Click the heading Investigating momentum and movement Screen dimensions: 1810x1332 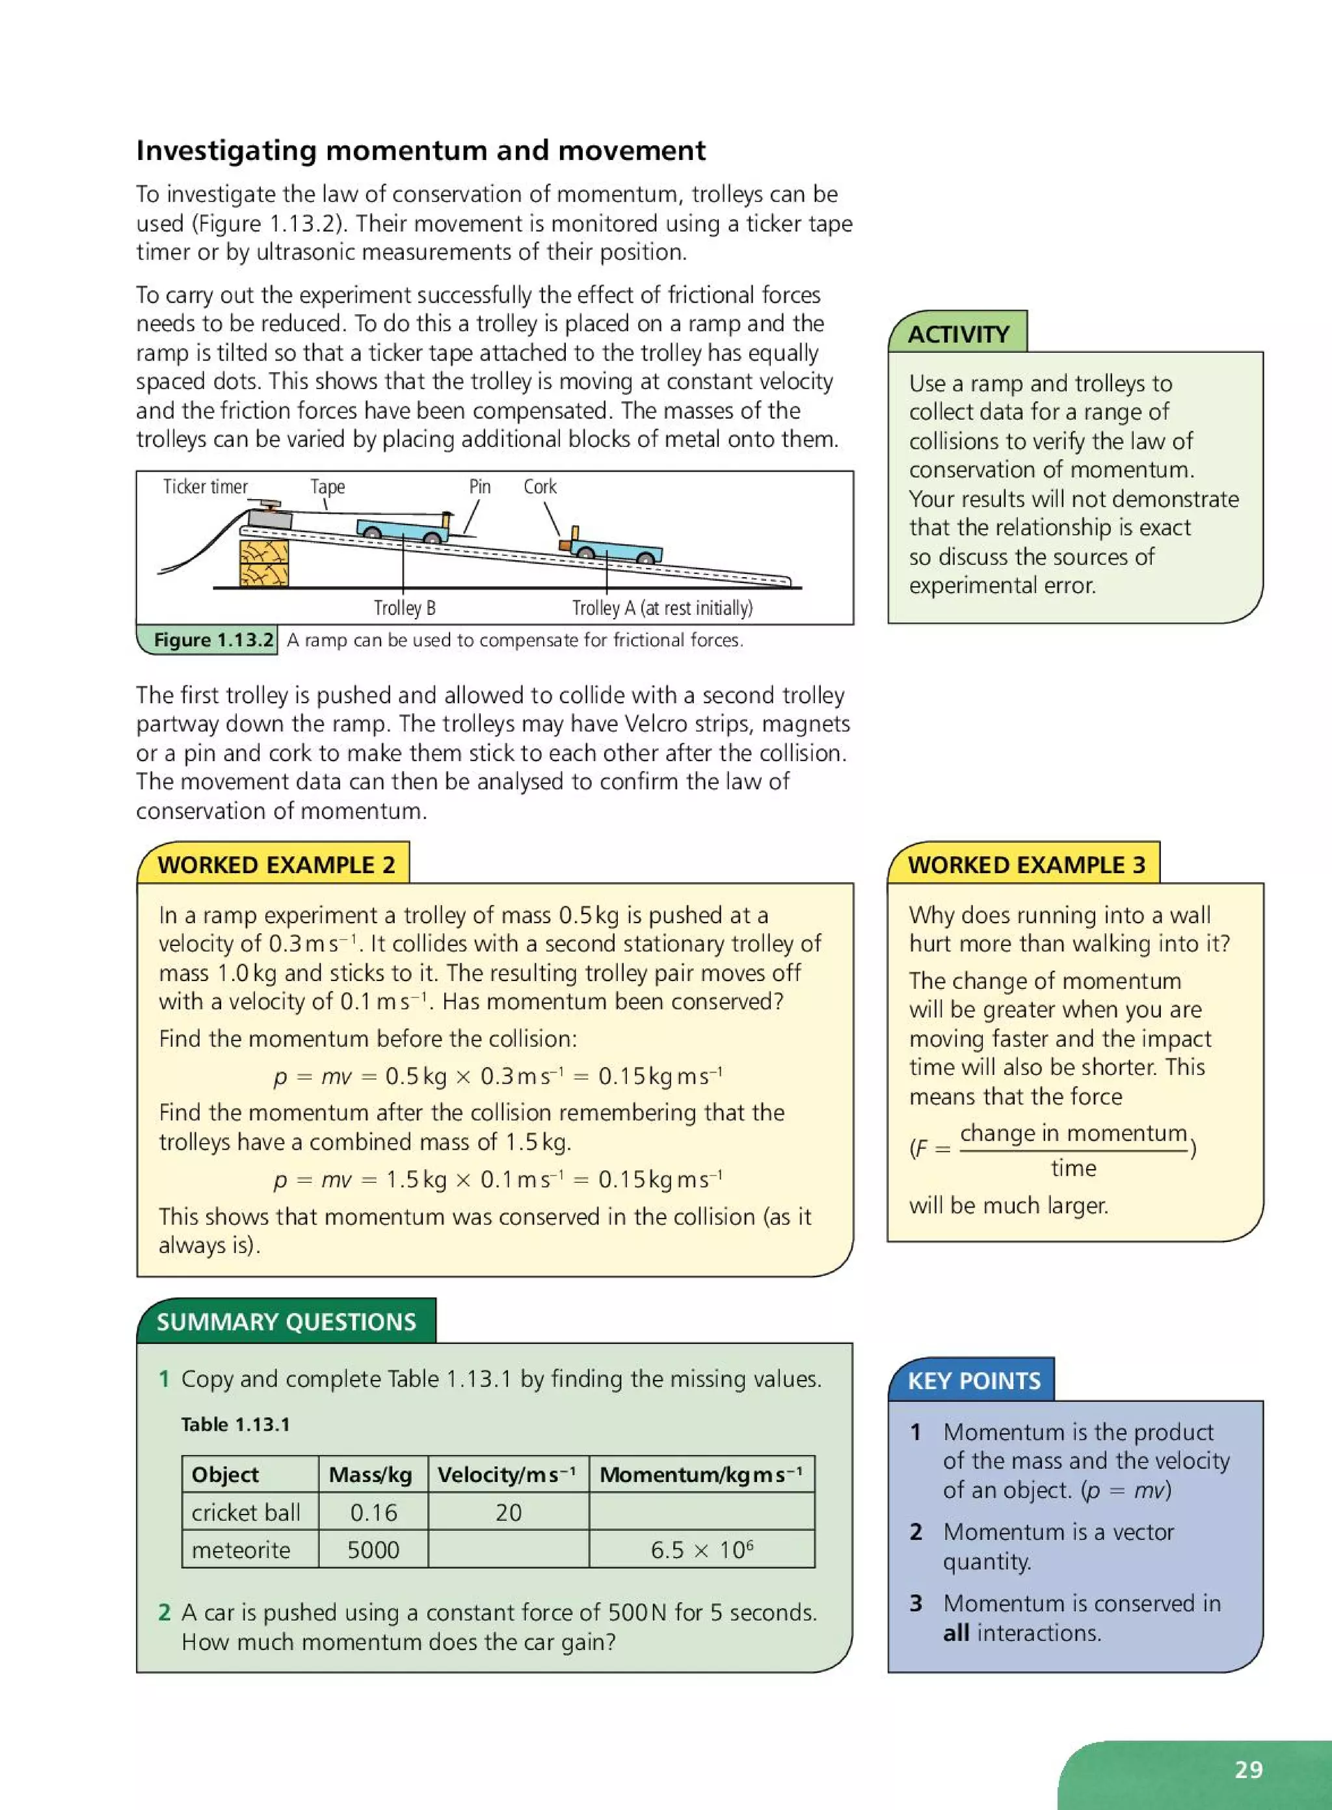pyautogui.click(x=420, y=151)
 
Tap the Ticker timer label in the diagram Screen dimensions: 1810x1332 pyautogui.click(x=205, y=487)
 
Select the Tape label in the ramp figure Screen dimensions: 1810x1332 pyautogui.click(x=327, y=487)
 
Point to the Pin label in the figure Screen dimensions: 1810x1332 pyautogui.click(x=480, y=487)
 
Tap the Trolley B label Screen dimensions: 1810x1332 pyautogui.click(x=404, y=608)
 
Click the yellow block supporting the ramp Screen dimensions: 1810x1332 pyautogui.click(x=263, y=562)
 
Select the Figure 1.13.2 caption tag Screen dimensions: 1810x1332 pyautogui.click(x=213, y=640)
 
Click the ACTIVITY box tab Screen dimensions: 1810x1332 pyautogui.click(x=958, y=334)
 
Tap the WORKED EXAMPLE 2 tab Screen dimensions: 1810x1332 pyautogui.click(x=276, y=865)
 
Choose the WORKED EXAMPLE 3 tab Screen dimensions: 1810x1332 pyautogui.click(x=1026, y=865)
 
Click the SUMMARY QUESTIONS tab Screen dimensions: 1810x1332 pyautogui.click(x=286, y=1321)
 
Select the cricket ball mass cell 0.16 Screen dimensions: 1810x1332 pyautogui.click(x=373, y=1513)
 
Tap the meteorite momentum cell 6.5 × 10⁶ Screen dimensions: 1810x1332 pyautogui.click(x=702, y=1550)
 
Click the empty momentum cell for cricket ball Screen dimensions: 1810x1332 pyautogui.click(x=702, y=1513)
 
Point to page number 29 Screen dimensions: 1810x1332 pyautogui.click(x=1248, y=1769)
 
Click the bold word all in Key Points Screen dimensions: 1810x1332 pyautogui.click(x=955, y=1632)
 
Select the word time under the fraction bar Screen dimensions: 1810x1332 pyautogui.click(x=1073, y=1168)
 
